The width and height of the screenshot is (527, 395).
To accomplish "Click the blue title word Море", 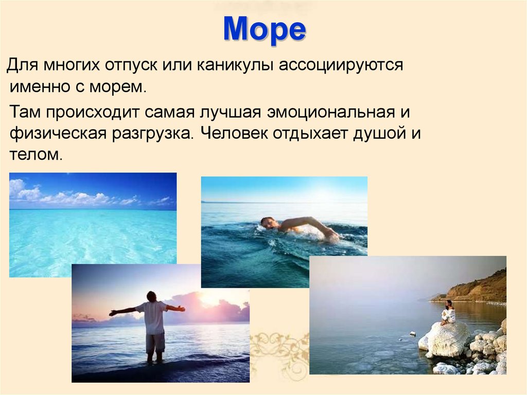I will coord(264,30).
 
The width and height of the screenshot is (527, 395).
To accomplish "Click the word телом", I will coord(36,154).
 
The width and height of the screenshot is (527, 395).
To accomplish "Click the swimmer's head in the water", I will coord(267,223).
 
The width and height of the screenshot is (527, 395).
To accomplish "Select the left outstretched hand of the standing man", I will coord(113,313).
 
